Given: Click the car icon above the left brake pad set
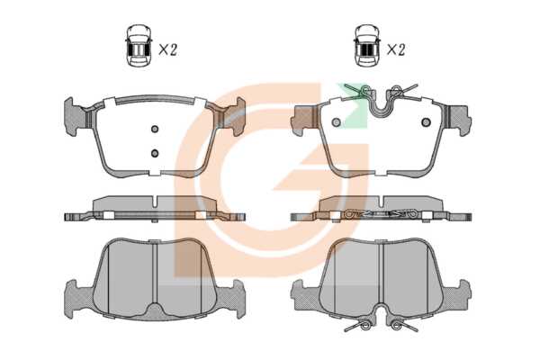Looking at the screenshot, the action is [138, 45].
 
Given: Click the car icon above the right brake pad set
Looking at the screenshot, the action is [367, 45].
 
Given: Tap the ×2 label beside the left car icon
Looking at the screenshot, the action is [167, 50].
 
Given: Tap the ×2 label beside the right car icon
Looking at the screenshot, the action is [396, 50].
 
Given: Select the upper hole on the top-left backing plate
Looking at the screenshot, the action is [155, 130].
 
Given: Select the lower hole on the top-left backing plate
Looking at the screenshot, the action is [155, 153].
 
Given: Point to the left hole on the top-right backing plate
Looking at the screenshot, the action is [336, 122].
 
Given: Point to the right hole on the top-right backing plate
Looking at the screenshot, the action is [426, 122].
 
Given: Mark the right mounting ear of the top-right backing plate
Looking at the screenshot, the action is [458, 119].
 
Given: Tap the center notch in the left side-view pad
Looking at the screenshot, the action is [156, 202].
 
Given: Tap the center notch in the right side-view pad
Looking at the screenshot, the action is [382, 202].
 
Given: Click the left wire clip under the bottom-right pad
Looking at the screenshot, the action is [358, 325].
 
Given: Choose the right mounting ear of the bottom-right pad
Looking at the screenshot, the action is [457, 294].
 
